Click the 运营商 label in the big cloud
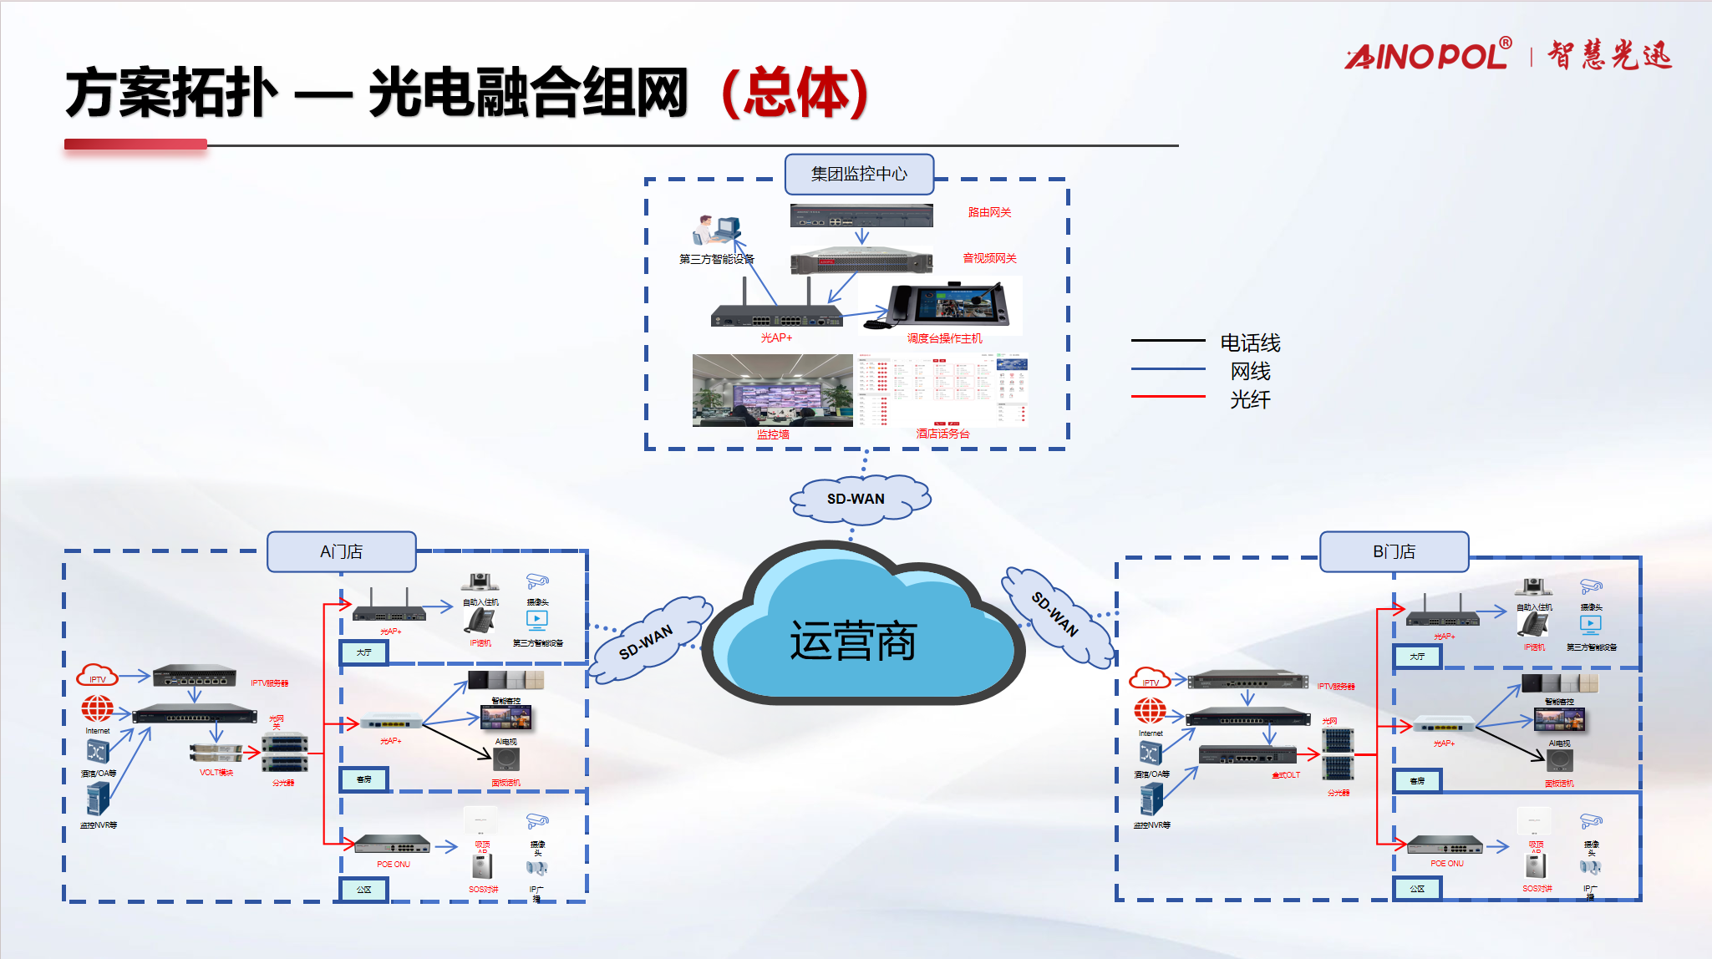(x=853, y=642)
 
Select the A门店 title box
(x=341, y=551)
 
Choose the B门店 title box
(x=1394, y=551)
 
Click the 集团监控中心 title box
(x=859, y=174)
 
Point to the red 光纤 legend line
(x=1167, y=396)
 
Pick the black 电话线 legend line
(x=1167, y=341)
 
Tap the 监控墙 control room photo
(x=772, y=390)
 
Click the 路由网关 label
(x=989, y=212)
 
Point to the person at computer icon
(x=716, y=231)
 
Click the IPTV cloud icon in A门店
(x=97, y=675)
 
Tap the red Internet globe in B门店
(x=1150, y=710)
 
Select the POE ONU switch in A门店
(x=392, y=844)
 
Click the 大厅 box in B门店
(x=1417, y=657)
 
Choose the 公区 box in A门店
(x=363, y=890)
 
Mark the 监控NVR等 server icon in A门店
(x=98, y=799)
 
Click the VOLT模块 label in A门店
(x=216, y=773)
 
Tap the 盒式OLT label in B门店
(x=1286, y=775)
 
